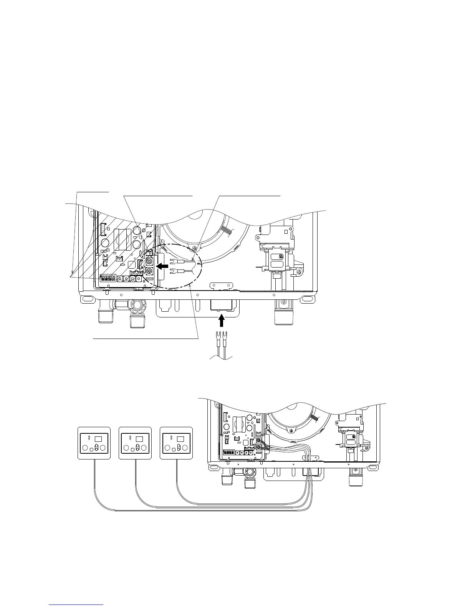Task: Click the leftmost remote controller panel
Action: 94,443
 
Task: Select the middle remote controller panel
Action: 136,443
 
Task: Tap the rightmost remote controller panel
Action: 177,443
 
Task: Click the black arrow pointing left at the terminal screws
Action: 163,265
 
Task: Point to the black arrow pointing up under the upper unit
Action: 221,319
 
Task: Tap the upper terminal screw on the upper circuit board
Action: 150,263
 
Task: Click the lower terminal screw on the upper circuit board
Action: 150,272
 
